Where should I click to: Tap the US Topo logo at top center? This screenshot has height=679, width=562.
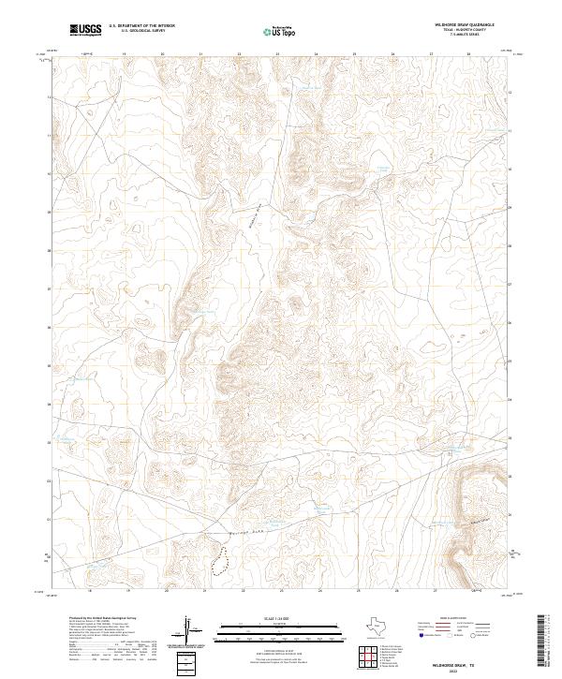pyautogui.click(x=280, y=32)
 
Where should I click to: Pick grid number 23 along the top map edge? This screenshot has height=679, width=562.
pyautogui.click(x=240, y=54)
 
